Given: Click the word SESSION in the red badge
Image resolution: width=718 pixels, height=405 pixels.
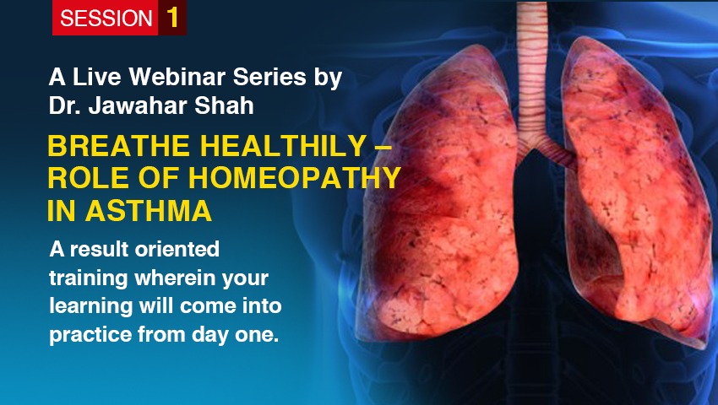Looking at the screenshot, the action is tap(106, 19).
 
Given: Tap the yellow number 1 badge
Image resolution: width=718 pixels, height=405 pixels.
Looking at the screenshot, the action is tap(172, 18).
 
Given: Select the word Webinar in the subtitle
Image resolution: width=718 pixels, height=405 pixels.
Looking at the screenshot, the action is tap(177, 77).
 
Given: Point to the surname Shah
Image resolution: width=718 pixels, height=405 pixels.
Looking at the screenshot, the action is tap(224, 105).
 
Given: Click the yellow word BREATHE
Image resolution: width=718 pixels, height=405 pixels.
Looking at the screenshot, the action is tap(118, 145).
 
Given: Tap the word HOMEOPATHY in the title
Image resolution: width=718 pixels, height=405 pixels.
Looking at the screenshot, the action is tap(295, 178).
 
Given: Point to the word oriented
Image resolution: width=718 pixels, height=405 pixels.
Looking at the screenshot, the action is tap(177, 250).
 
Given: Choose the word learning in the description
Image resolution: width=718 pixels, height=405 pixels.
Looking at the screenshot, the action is tap(91, 306).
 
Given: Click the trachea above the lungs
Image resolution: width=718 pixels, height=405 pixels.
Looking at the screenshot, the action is tap(532, 68).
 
